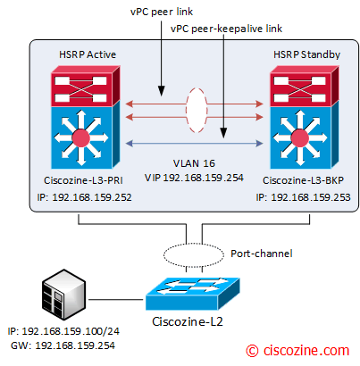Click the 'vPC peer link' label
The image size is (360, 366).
(162, 12)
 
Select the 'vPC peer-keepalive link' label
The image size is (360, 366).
(226, 29)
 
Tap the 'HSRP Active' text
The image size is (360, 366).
(88, 54)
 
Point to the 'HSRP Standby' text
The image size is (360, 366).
(306, 54)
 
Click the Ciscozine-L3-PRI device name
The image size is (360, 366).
(83, 180)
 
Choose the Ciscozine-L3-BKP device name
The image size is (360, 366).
(303, 180)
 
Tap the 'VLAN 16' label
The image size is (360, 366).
(194, 163)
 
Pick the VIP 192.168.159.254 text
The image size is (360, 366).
(194, 178)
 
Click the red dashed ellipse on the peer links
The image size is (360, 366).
(187, 110)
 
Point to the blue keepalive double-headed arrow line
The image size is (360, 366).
(195, 144)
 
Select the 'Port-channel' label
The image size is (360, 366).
(262, 254)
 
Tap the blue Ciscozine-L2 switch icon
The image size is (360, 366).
(193, 294)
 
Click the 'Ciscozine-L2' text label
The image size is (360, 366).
(188, 321)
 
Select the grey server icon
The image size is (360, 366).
(64, 295)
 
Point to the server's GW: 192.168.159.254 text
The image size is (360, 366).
(63, 345)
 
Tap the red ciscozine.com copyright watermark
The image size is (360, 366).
(297, 351)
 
